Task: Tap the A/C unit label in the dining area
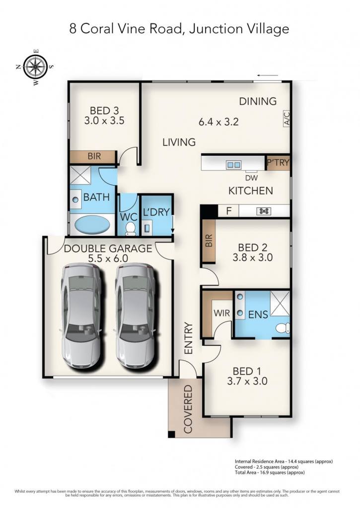tap(287, 119)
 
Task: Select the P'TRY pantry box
tap(278, 163)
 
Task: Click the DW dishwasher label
tap(251, 178)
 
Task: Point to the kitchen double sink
tap(234, 165)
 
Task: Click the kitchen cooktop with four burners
tap(264, 211)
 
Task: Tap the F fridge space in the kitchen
tap(228, 211)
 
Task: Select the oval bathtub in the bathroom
tap(92, 224)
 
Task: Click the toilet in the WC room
tap(131, 228)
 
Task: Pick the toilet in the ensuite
tap(283, 328)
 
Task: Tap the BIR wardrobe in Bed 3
tap(93, 156)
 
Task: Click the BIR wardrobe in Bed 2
tap(209, 241)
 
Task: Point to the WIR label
tap(222, 313)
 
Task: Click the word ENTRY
tap(188, 338)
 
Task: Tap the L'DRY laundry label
tap(156, 212)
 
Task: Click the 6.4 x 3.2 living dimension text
tap(218, 122)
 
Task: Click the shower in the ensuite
tap(280, 303)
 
